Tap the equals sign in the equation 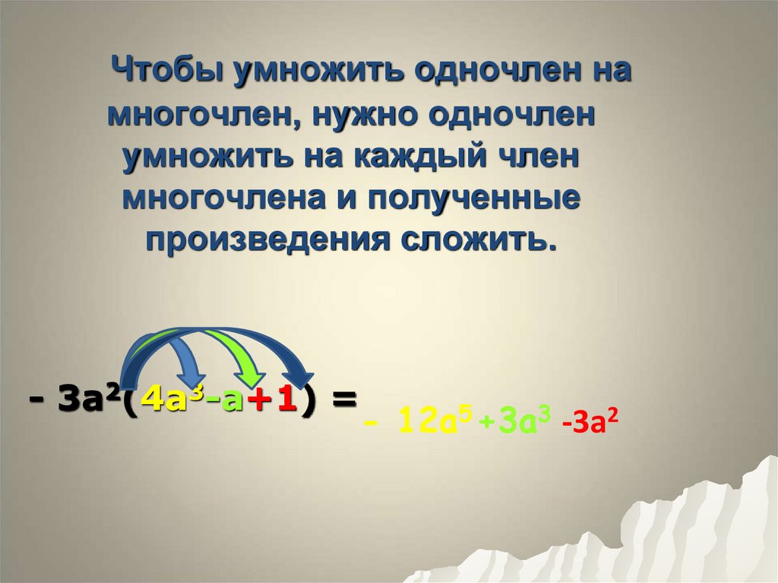tap(343, 399)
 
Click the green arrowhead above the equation tap(248, 377)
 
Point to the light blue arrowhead tap(191, 377)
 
